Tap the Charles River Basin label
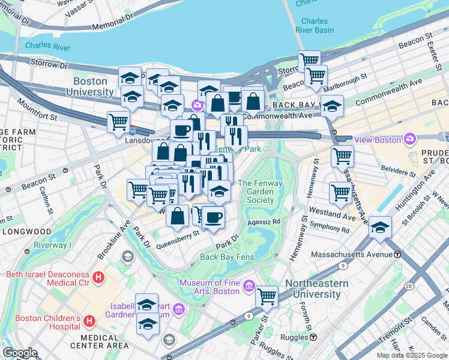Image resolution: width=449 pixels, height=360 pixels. (x=315, y=25)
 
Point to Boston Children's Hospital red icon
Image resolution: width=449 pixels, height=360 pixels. (x=89, y=322)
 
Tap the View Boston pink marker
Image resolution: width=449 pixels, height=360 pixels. (x=411, y=139)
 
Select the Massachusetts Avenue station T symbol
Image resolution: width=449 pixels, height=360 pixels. (x=397, y=254)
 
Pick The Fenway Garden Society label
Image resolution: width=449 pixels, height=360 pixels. (x=256, y=191)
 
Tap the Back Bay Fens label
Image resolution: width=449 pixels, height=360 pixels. (x=227, y=257)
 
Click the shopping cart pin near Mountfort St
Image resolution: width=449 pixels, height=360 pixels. (x=118, y=121)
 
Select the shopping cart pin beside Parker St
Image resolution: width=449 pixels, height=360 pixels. (x=267, y=296)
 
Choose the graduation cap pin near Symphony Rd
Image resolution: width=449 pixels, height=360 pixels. (x=381, y=227)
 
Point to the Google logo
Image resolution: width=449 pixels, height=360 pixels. (x=20, y=353)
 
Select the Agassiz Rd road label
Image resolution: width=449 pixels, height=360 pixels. (x=268, y=221)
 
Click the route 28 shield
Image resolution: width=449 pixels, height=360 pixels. (x=409, y=287)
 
